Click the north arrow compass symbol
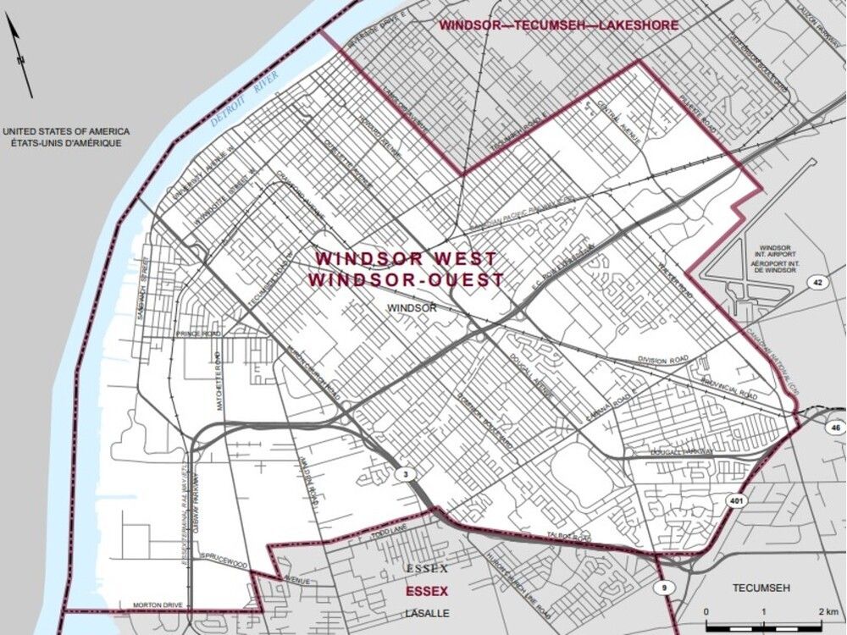[x=20, y=55]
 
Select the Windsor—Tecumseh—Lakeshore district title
[x=558, y=25]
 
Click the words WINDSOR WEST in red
[x=406, y=259]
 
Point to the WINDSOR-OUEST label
[x=406, y=279]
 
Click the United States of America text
[x=65, y=132]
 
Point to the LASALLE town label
[x=426, y=612]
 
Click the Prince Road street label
[x=198, y=334]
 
